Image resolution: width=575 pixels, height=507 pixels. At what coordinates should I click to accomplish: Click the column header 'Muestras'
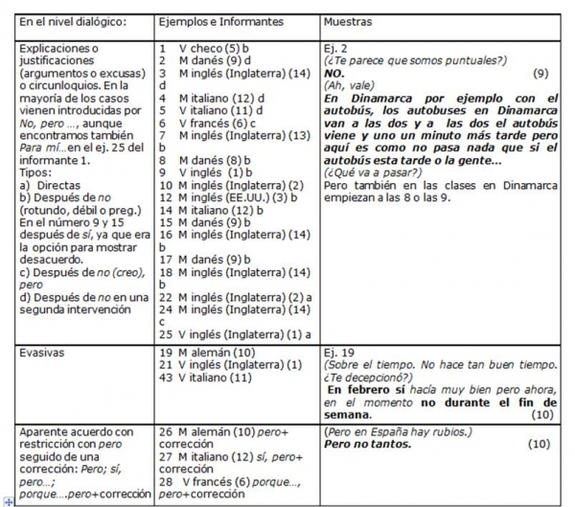(x=350, y=20)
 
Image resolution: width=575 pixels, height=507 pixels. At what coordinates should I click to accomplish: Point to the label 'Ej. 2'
(x=337, y=47)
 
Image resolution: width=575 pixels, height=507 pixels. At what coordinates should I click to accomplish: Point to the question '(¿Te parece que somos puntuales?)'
(x=402, y=59)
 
